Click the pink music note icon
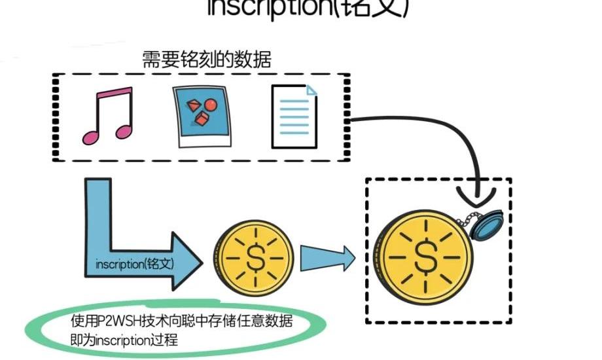108,117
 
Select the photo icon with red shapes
205,116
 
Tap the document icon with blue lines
294,117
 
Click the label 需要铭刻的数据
207,60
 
